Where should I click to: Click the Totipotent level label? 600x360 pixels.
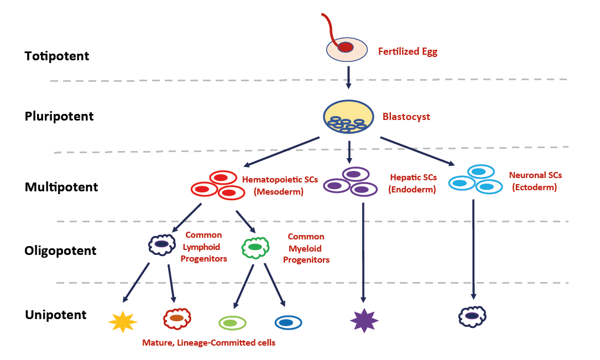(57, 56)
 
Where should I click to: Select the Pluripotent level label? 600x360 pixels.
(59, 117)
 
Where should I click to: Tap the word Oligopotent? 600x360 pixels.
(60, 251)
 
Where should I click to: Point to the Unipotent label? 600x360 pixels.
(56, 315)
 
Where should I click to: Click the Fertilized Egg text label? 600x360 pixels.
(408, 52)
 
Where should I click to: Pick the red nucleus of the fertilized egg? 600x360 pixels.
(346, 48)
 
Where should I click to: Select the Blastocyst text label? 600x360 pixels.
(406, 117)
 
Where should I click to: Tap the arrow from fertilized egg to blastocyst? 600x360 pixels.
(348, 77)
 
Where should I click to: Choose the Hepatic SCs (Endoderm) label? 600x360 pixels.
(413, 184)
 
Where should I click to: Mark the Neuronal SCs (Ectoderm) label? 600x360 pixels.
(535, 181)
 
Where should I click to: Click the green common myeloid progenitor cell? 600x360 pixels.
(255, 247)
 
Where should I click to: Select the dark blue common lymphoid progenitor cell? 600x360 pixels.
(161, 244)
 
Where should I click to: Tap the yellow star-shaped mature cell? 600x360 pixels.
(122, 321)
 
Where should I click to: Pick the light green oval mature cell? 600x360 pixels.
(232, 322)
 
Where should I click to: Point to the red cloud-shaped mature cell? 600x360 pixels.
(177, 318)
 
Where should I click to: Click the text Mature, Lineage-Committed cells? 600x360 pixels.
(208, 343)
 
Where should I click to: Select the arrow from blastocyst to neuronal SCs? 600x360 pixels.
(417, 150)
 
